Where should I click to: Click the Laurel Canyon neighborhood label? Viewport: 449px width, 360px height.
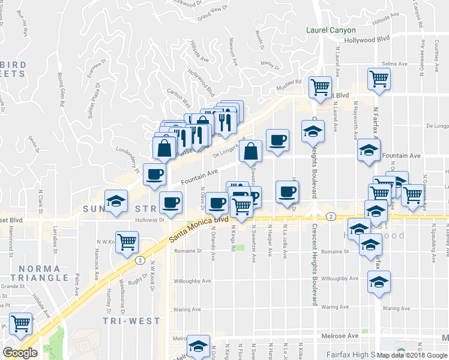[x=331, y=30]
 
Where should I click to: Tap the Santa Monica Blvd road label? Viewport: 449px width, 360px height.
[x=199, y=230]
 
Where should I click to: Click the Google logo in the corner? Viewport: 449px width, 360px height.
[x=19, y=353]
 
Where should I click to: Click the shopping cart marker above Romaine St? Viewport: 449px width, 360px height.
[x=127, y=242]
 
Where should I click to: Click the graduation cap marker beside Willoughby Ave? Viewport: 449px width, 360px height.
[x=379, y=281]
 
